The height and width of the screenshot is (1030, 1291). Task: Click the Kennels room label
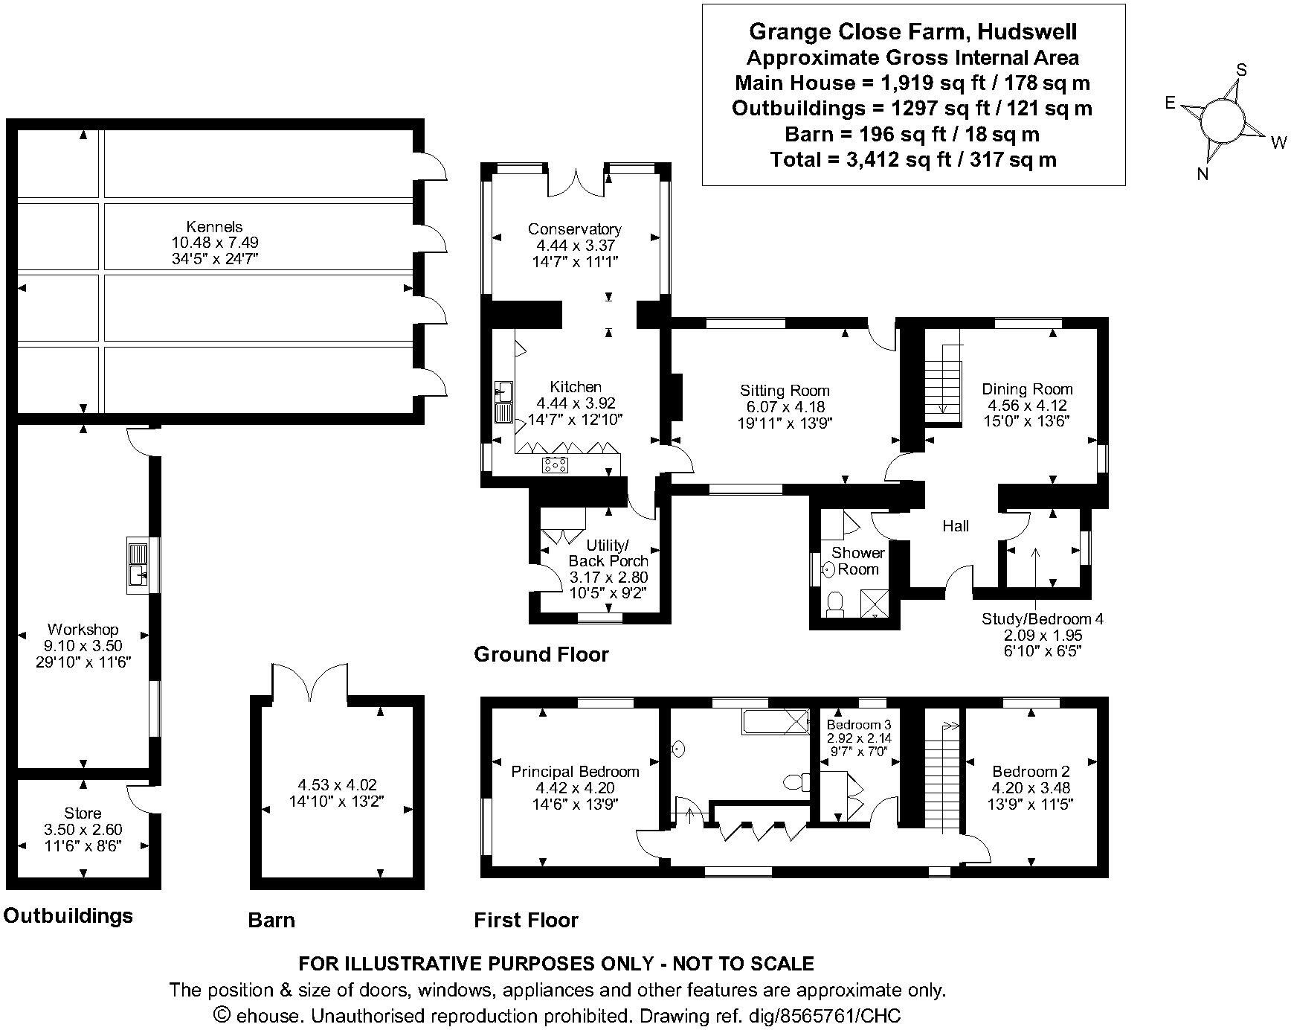point(214,226)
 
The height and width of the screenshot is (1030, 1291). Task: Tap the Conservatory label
point(574,229)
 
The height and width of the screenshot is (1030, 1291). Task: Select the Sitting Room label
point(785,391)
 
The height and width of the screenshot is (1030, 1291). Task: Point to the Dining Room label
point(1027,389)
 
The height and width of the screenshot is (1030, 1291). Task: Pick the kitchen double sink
point(503,403)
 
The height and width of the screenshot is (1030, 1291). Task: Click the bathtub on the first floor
point(775,721)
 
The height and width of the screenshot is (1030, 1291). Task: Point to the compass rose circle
point(1223,120)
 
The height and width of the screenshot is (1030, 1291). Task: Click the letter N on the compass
point(1203,174)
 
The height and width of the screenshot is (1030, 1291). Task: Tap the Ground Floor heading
point(541,655)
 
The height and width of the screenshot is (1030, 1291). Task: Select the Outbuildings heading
point(68,915)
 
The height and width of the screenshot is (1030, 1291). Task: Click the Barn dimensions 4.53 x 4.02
point(337,784)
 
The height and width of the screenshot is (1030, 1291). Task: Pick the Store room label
point(83,813)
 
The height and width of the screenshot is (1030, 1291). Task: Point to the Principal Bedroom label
point(575,772)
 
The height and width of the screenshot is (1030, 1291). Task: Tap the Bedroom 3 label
point(859,725)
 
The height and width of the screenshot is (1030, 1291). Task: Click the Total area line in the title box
point(913,159)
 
